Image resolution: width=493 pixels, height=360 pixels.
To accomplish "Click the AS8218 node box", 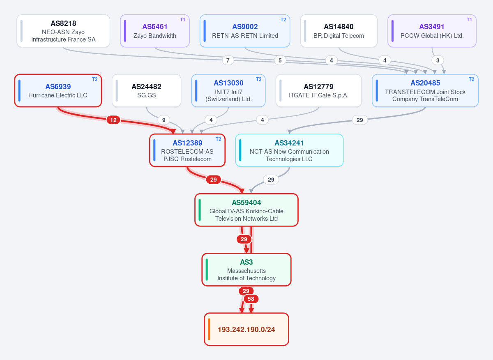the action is coord(63,31).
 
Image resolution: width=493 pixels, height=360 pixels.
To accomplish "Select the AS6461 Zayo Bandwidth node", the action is coord(155,31).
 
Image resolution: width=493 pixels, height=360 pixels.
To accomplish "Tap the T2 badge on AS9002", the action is coord(283,20).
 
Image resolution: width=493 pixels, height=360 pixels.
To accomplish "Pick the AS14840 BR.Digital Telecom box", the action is coord(339,31).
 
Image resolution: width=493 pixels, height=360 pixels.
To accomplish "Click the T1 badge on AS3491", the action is coord(469,20).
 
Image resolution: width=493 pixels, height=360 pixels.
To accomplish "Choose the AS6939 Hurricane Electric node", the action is coord(58,90).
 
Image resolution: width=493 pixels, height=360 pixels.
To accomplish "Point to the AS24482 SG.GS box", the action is coord(146,90).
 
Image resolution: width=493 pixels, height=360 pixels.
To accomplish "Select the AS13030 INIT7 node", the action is coord(228,90).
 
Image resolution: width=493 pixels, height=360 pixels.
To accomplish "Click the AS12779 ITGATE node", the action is coord(318,90).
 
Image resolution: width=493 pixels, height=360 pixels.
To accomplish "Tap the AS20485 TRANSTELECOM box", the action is coord(425,90).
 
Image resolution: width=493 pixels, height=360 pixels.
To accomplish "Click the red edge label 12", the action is coord(113,120).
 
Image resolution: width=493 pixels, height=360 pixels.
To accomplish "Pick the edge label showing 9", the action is coord(164,120).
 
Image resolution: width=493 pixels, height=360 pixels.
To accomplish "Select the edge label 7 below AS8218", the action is coord(228,60).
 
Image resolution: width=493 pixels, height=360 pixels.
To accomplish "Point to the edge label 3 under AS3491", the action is coord(438,60).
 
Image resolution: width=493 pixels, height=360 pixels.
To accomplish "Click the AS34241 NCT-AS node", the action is coord(289,150).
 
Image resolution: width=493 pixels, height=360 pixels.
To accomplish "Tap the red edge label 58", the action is coord(251,299).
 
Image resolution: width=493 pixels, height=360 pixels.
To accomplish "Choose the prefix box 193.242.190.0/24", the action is coord(246,330).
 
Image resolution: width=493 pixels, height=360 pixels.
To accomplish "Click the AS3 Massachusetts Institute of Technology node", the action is coord(246,270).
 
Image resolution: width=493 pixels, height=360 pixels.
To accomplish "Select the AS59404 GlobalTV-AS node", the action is coord(246,210).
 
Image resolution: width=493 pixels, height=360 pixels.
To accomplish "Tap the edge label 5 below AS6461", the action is coord(280,60).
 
